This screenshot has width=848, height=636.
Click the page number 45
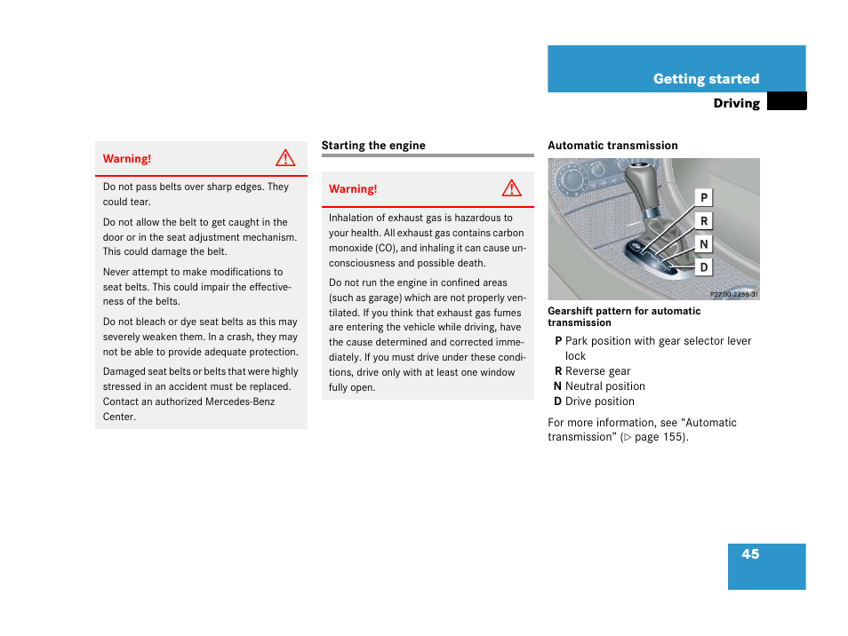750,554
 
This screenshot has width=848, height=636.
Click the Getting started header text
706,79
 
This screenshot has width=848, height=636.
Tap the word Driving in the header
736,103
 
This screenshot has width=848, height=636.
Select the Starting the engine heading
373,146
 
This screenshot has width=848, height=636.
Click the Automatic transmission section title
612,146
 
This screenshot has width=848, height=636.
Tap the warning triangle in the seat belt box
284,159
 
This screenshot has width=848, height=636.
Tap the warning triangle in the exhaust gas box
511,188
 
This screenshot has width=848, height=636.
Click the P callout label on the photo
704,198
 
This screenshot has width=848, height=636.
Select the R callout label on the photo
704,221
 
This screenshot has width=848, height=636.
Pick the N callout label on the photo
704,244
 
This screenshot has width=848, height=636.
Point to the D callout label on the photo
704,267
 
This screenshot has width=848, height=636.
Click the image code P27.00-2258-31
733,294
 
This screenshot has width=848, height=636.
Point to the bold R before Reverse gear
558,371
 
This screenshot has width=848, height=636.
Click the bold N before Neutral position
558,386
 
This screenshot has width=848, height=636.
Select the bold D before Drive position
558,401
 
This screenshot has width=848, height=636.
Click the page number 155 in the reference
673,437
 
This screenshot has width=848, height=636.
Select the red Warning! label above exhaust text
353,189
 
